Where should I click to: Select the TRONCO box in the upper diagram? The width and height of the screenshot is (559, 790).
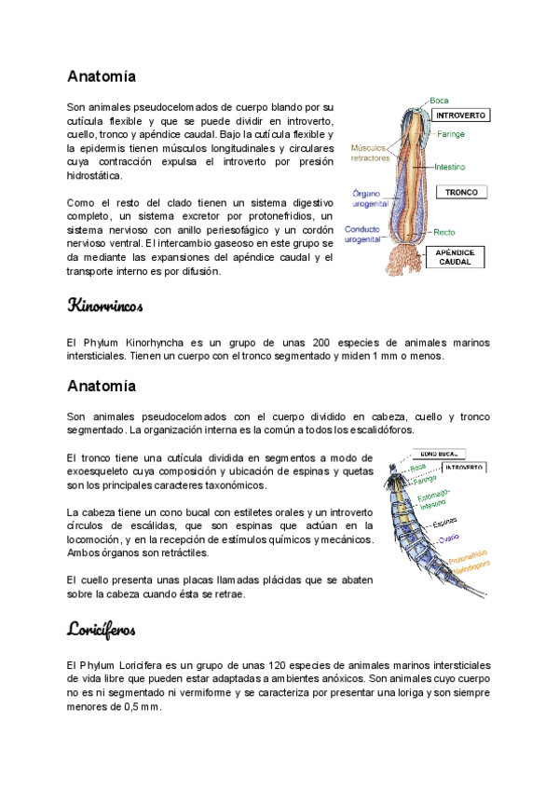coord(461,193)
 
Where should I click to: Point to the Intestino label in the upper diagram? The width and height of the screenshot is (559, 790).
coord(451,167)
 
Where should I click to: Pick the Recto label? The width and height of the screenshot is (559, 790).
coord(443,232)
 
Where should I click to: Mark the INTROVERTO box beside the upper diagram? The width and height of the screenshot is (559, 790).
coord(461,116)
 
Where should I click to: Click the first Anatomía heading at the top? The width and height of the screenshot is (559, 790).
coord(102,75)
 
